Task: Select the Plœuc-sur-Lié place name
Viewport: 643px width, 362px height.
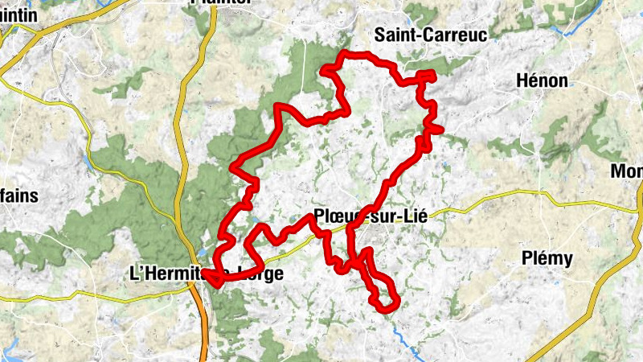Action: [371, 216]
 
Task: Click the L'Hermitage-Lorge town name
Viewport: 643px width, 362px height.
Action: [206, 274]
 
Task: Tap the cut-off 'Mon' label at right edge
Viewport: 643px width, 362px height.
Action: [627, 171]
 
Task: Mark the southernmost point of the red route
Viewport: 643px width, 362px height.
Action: [385, 306]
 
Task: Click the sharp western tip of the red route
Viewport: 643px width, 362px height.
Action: [206, 274]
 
